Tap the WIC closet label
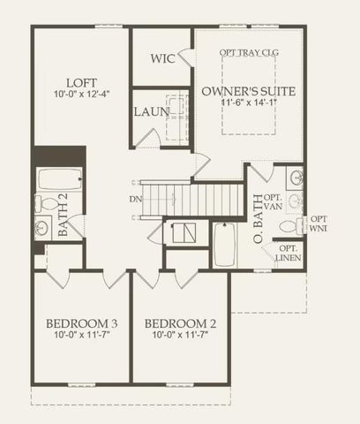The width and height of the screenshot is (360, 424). point(162,59)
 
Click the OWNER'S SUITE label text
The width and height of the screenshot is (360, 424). point(248,91)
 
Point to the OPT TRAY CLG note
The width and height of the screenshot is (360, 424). point(249,53)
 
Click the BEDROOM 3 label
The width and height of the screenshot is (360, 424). point(80,322)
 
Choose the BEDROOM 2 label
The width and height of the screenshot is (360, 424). point(180,322)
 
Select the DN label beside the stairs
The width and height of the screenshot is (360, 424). point(135,199)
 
